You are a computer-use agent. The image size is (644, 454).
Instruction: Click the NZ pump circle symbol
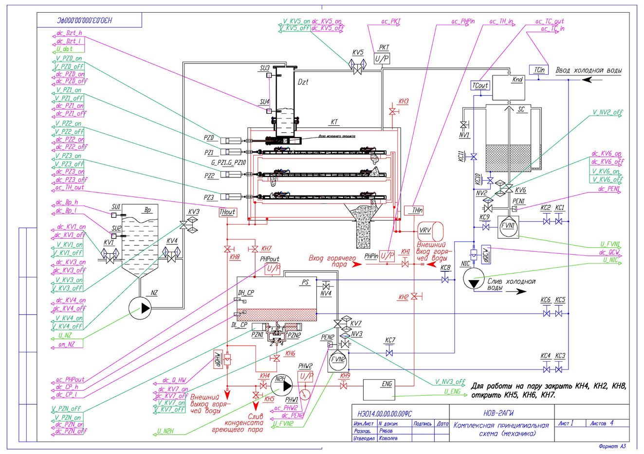(x=140, y=308)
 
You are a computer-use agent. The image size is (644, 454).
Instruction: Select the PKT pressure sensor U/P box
(x=382, y=58)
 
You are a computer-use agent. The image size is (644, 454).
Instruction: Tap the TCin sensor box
(x=539, y=70)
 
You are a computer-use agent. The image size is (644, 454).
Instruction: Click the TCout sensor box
(x=480, y=86)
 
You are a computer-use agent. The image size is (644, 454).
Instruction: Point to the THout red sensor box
(x=227, y=212)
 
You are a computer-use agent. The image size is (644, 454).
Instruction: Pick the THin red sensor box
(x=413, y=210)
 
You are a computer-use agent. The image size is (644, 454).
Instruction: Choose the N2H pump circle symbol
(x=281, y=385)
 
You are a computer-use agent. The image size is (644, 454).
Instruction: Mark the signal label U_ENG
(x=452, y=392)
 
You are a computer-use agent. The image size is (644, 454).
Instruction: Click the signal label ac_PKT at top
(x=391, y=22)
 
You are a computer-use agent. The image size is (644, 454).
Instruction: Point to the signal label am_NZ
(x=63, y=345)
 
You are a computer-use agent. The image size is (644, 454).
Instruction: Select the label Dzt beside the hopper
(x=303, y=82)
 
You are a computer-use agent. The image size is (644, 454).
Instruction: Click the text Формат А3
(x=612, y=446)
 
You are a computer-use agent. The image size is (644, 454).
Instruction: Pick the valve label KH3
(x=404, y=102)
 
